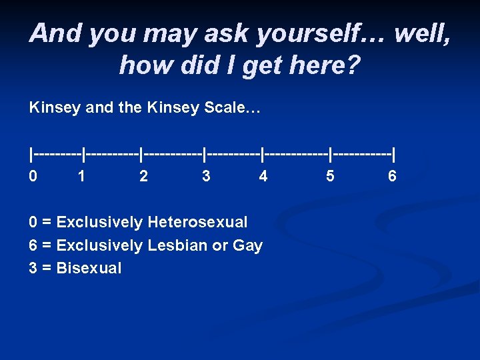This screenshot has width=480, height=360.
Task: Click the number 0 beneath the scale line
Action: pos(33,176)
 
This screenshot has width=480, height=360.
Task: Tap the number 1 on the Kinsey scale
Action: pos(81,176)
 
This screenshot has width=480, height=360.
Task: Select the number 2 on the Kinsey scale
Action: pos(143,176)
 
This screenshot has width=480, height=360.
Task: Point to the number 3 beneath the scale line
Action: pos(207,176)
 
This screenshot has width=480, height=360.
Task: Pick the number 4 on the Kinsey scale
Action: pos(263,176)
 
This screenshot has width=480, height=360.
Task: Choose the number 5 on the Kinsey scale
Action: pos(330,176)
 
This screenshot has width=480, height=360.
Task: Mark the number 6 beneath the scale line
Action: pos(392,176)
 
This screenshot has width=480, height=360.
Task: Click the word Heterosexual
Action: pos(197,222)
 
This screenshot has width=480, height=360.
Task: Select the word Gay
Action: pos(247,246)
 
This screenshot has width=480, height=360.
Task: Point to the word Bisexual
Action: pos(89,269)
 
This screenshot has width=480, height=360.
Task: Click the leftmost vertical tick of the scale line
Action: pos(31,155)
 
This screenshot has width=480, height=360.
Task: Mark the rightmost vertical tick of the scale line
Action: pos(394,155)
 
